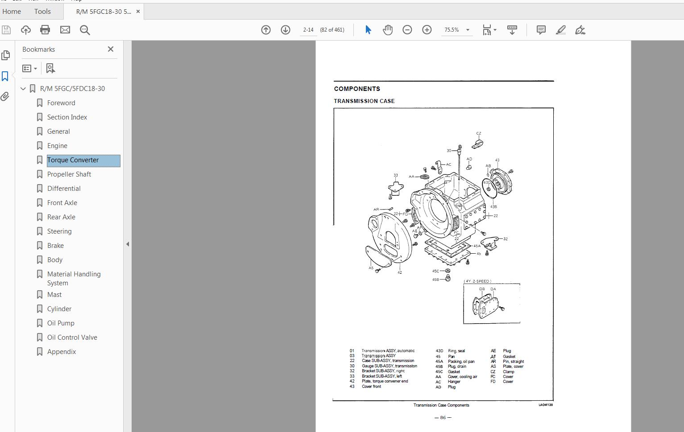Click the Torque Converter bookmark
[x=73, y=160]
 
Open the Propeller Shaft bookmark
[x=69, y=174]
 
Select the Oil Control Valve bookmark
[x=72, y=337]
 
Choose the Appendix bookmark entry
[x=62, y=352]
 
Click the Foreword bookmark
[x=61, y=103]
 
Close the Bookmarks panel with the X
[x=111, y=49]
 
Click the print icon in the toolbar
[x=45, y=30]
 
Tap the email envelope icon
[x=65, y=30]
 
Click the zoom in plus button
[x=427, y=30]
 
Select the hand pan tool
[x=388, y=30]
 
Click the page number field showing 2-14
[x=308, y=30]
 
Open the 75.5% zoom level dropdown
[x=468, y=30]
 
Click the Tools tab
[x=42, y=12]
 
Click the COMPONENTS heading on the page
[x=357, y=89]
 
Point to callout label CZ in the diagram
[x=479, y=133]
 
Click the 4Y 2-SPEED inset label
[x=477, y=281]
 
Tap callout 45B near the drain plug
[x=435, y=280]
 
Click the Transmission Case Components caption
[x=441, y=405]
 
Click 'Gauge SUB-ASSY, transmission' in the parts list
[x=389, y=366]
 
